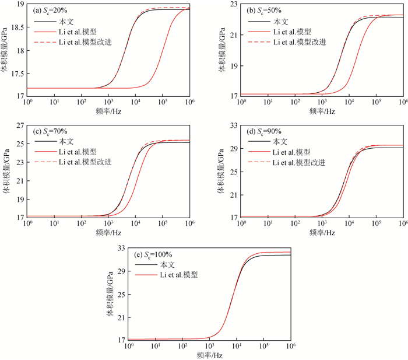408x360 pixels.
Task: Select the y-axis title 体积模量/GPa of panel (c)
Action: click(8, 172)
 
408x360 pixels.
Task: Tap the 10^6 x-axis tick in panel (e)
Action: click(290, 346)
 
